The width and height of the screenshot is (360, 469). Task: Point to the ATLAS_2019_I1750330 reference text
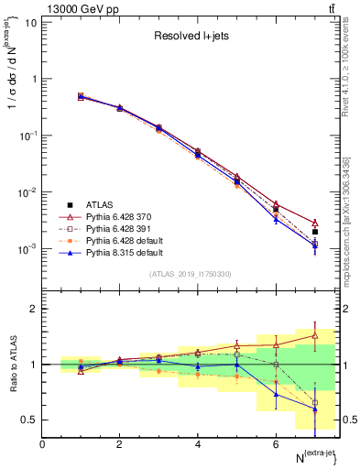189,274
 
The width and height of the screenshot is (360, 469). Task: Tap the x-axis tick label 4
198,444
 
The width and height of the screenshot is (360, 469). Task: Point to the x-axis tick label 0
42,444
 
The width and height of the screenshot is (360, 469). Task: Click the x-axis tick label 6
276,444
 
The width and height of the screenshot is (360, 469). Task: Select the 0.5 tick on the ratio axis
31,420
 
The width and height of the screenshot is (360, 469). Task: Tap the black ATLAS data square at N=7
315,232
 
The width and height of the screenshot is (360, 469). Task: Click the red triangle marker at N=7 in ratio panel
315,335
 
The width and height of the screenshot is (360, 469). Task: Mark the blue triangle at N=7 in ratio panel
315,409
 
